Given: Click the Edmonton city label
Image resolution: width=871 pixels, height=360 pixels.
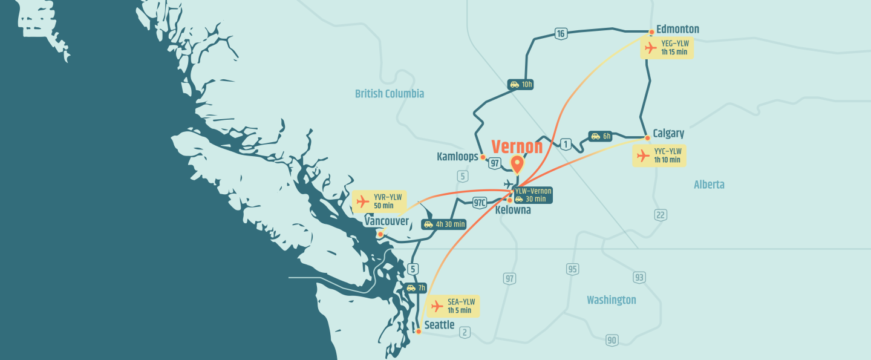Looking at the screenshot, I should point(677,29).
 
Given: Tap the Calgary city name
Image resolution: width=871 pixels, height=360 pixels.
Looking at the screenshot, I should point(668,133).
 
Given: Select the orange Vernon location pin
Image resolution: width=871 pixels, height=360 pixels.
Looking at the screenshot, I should point(517,164).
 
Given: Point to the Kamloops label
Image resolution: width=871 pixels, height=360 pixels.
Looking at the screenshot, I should point(457,157).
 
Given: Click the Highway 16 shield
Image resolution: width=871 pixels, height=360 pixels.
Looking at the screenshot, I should point(561,34).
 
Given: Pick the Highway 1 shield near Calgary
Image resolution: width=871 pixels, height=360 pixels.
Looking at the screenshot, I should point(566,144).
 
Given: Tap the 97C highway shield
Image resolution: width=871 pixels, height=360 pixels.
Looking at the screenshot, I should point(480,202).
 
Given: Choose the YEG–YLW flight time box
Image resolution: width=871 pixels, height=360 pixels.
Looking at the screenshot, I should point(667,48).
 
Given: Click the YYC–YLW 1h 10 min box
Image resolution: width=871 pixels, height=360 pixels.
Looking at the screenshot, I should point(659,155).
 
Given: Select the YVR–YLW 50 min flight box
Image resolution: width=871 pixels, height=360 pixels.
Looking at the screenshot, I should point(379,201).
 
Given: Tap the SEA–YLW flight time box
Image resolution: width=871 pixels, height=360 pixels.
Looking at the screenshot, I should point(453,306).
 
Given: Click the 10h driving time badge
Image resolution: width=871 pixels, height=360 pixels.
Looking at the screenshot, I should point(520,85).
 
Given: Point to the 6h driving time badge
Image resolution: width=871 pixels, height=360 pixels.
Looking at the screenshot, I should point(601,136).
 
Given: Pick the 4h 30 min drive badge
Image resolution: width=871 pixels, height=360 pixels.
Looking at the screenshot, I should point(444,224).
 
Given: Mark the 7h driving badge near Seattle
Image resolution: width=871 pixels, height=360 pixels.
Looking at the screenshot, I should point(416,288).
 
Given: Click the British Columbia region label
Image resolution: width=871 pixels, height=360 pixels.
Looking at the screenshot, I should point(390,94).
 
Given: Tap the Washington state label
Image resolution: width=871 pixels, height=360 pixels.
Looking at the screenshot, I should point(611,300).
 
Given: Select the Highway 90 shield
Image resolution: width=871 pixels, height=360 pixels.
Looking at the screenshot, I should point(612,340).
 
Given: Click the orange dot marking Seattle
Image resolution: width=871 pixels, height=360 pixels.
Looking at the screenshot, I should point(418,332).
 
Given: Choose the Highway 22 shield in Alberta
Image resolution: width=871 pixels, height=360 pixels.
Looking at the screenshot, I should point(661,214).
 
